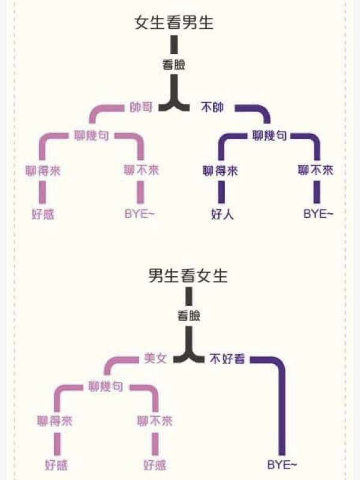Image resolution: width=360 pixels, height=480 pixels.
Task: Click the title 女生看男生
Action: coord(175,23)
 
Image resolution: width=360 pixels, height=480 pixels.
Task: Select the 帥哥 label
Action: coord(142,107)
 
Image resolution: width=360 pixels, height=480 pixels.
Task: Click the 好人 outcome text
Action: coord(222,214)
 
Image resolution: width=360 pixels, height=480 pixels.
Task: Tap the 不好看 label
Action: coord(227,359)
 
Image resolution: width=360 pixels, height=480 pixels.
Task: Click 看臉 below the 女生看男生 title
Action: coord(174,65)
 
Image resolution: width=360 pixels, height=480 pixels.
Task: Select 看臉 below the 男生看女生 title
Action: coord(188,316)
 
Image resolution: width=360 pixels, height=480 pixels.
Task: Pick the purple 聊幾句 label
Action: coord(270,136)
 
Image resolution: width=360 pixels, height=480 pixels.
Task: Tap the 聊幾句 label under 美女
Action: coord(106,386)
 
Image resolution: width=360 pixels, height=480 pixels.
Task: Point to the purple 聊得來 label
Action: coord(221,170)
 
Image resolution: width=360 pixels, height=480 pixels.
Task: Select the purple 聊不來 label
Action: coord(316,170)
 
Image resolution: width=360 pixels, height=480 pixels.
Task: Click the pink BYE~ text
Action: coord(140,214)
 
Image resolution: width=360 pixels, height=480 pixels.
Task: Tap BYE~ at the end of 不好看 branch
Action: coord(282,464)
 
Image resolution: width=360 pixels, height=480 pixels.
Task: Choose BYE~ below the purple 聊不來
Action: coord(317,214)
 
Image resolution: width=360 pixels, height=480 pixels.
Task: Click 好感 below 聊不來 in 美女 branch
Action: coord(155,464)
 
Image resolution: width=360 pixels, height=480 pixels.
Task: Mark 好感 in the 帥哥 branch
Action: coord(43,214)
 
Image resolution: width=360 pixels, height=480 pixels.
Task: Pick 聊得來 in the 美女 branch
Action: coord(56,421)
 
